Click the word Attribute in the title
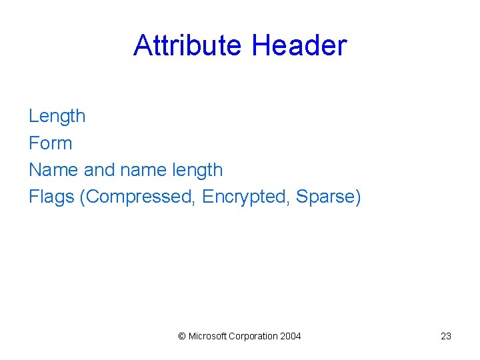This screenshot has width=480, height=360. (x=189, y=45)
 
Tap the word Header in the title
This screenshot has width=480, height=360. (x=299, y=45)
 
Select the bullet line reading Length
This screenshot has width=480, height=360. (x=57, y=116)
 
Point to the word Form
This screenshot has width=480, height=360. (x=50, y=143)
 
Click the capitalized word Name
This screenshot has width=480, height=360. (x=53, y=170)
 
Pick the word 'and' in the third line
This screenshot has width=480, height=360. (x=99, y=170)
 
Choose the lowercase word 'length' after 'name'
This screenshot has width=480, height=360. (x=197, y=171)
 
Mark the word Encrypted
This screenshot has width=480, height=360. (x=246, y=197)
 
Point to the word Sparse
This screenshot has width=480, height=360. (x=325, y=197)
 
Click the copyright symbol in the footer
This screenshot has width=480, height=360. (x=182, y=336)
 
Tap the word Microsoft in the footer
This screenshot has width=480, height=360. (x=207, y=336)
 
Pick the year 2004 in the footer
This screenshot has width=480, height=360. (x=291, y=336)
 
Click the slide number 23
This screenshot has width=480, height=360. (x=446, y=336)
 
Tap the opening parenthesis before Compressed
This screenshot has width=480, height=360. (x=82, y=197)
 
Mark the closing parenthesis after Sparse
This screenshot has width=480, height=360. (x=358, y=197)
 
